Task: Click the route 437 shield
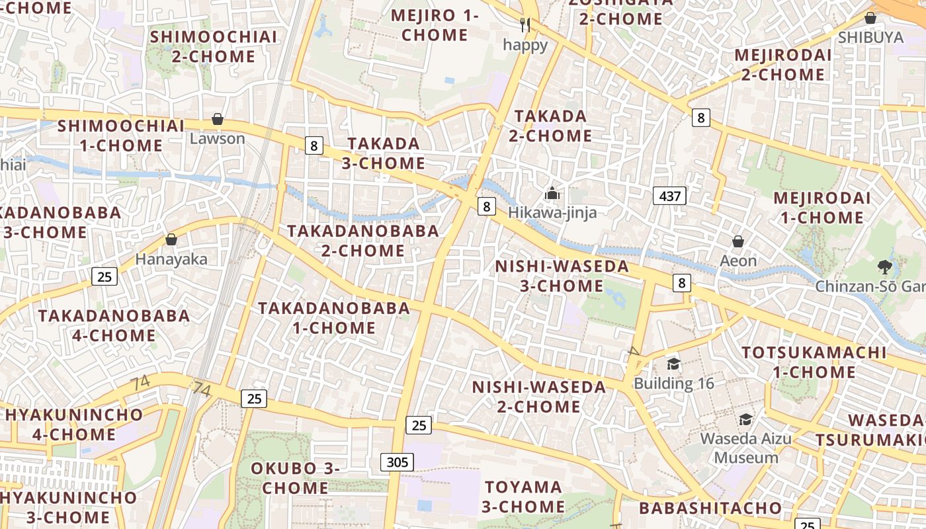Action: click(669, 196)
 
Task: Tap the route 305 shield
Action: click(397, 462)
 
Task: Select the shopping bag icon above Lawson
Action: click(218, 120)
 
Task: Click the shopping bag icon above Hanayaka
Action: click(171, 239)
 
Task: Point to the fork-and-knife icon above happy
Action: click(525, 26)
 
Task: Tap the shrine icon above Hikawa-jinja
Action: click(552, 194)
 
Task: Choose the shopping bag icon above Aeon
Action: click(738, 242)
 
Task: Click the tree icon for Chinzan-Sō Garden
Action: click(884, 267)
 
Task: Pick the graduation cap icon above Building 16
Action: click(673, 364)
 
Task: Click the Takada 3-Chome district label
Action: click(384, 153)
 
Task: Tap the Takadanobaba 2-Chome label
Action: click(363, 241)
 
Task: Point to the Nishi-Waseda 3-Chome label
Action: click(562, 276)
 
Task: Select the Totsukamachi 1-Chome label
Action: click(814, 362)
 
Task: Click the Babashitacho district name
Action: click(710, 508)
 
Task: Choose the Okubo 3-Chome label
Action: click(294, 478)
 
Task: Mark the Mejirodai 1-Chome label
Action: click(821, 208)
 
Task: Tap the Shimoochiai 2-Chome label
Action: click(214, 46)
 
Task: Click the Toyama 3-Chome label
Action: click(523, 497)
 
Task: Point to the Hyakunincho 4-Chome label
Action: click(74, 425)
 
